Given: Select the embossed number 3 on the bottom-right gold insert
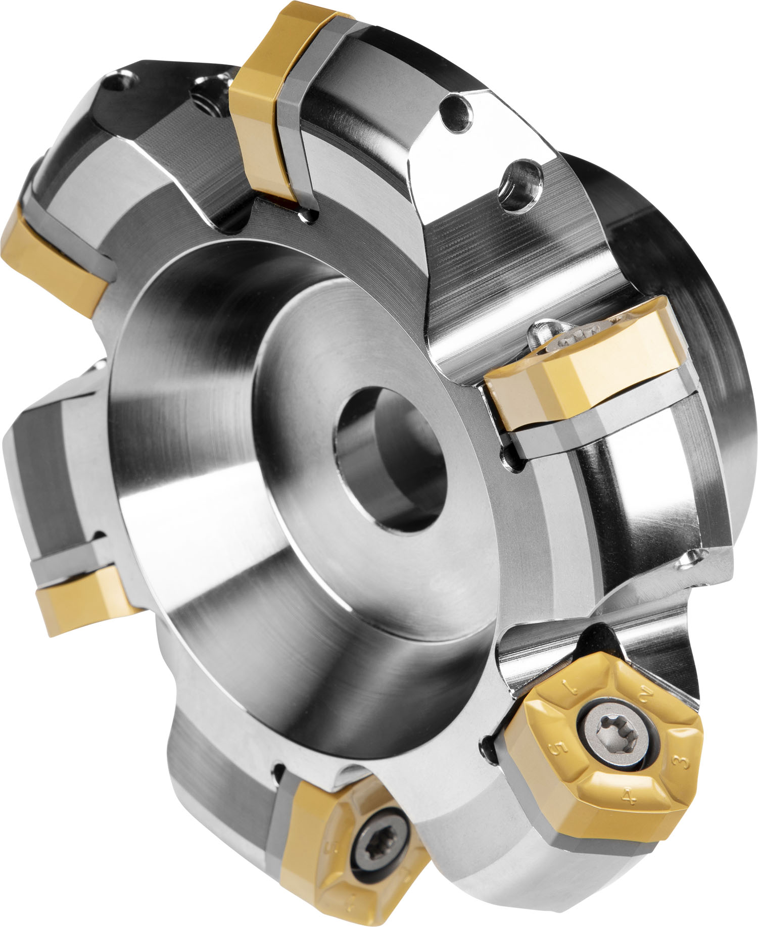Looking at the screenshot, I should pyautogui.click(x=683, y=748).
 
